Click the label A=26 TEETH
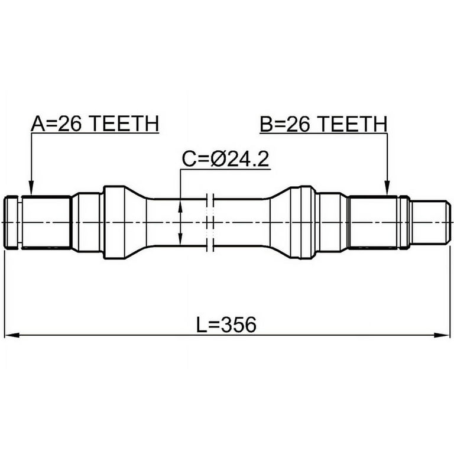click(95, 124)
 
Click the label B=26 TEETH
click(323, 124)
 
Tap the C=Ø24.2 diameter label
click(226, 159)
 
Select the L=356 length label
click(226, 325)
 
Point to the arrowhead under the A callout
click(31, 189)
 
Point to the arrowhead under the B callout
click(387, 189)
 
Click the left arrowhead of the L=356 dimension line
click(12, 335)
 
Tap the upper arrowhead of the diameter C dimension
click(180, 207)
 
